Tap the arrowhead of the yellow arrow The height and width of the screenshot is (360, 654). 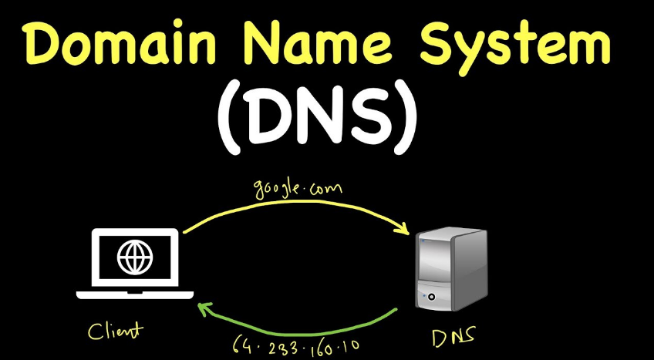point(402,229)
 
